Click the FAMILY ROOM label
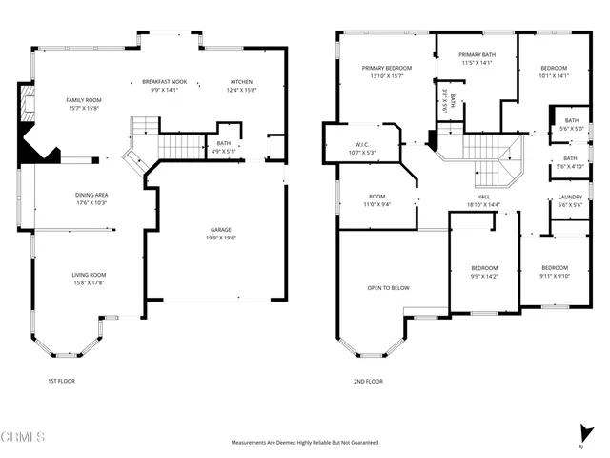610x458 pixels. pos(84,100)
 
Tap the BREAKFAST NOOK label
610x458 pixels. pos(166,81)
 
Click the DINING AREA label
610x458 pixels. pos(92,195)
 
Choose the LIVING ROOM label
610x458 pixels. pos(88,275)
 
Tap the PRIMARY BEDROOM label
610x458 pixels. pos(386,69)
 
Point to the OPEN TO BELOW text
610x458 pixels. pos(388,287)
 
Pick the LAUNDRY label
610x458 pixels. pos(570,198)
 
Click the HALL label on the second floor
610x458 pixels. pos(483,198)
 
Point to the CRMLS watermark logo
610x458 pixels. pos(23,438)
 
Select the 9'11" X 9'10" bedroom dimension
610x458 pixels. pos(555,276)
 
